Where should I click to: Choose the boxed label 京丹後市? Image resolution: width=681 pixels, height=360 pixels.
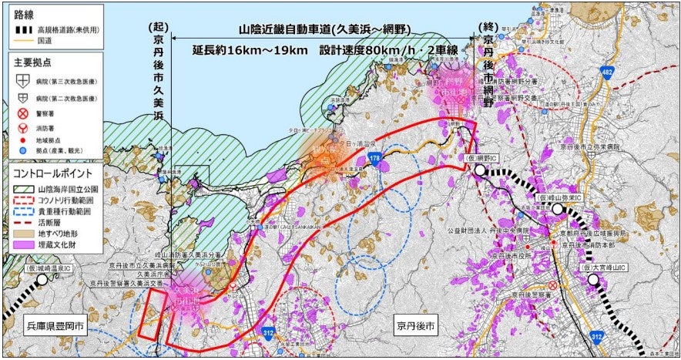point(415,326)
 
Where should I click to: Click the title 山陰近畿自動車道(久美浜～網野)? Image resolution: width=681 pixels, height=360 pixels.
point(324,30)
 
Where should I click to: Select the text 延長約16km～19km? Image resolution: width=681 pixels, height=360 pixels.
point(246,50)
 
